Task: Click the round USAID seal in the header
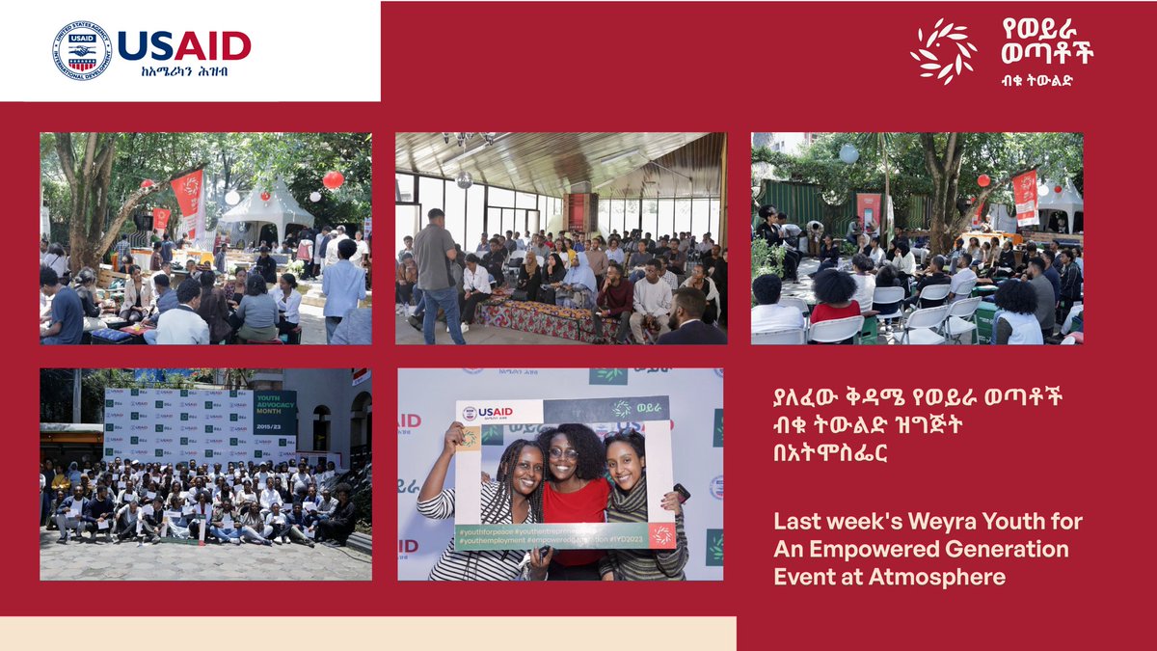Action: click(82, 50)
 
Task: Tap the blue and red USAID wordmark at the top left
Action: click(183, 45)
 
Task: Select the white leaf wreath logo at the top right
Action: click(943, 51)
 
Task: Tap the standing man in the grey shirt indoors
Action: click(438, 270)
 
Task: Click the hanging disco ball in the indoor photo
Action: click(464, 179)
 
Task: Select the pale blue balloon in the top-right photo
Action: click(848, 153)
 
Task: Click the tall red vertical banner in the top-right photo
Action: click(1025, 197)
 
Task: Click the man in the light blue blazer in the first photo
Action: click(343, 286)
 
